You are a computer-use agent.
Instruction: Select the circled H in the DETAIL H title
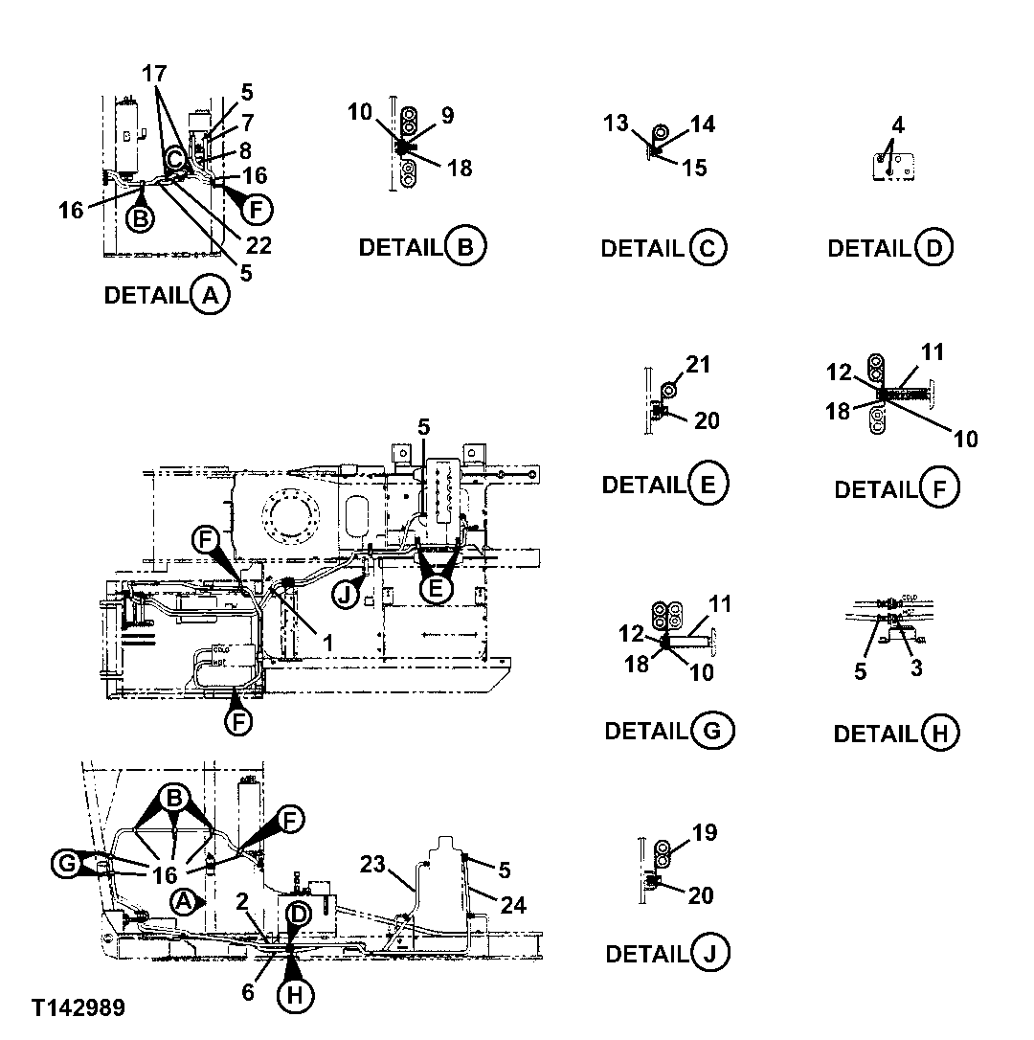point(939,734)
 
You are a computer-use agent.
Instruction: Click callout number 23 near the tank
point(372,866)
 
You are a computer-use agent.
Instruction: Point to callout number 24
point(514,904)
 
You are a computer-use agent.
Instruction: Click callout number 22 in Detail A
point(258,245)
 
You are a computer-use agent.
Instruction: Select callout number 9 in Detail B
point(447,114)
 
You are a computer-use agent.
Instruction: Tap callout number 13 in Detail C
point(616,123)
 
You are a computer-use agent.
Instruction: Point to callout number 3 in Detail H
point(916,668)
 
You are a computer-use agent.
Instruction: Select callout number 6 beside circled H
point(248,992)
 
